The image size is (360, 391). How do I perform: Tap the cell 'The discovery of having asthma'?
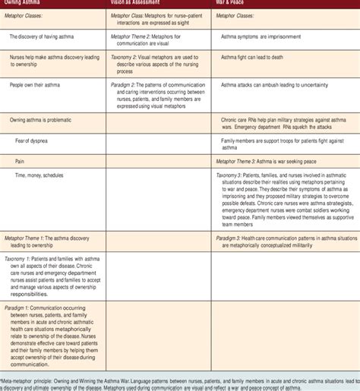click(50, 36)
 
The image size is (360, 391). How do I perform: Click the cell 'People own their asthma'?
click(42, 86)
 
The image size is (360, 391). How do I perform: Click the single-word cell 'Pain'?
click(22, 160)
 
